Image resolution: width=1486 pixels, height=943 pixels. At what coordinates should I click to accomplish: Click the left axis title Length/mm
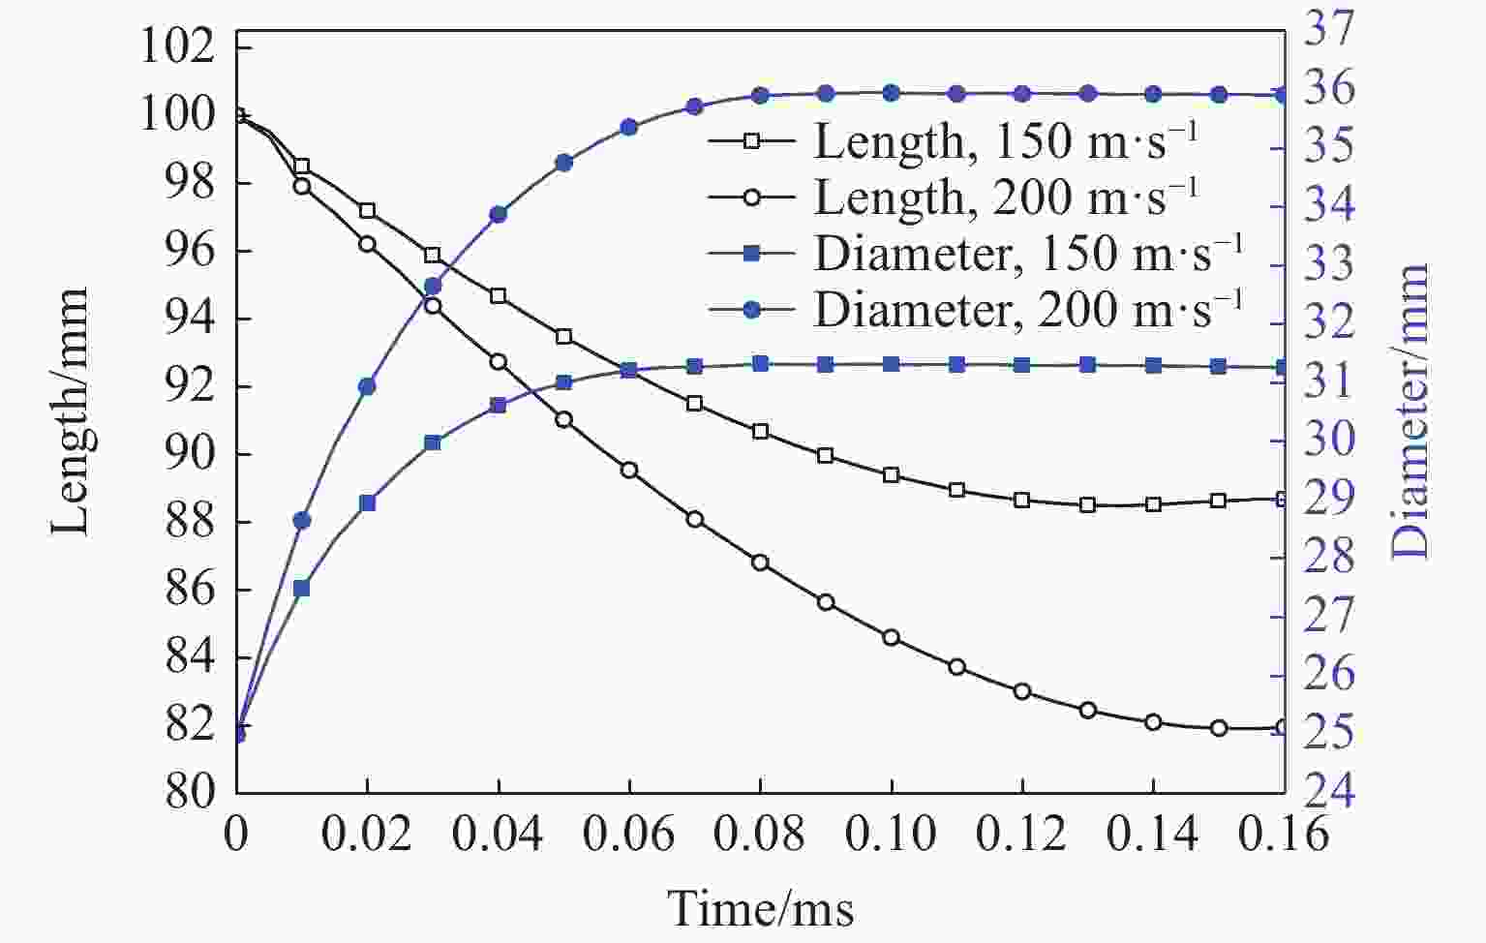(x=70, y=411)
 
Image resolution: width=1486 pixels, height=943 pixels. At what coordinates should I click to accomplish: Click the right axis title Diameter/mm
(x=1410, y=411)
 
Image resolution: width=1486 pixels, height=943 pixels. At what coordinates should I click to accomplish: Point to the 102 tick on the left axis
(x=177, y=46)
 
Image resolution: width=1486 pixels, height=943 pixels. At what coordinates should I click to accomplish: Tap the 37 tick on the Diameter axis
(x=1329, y=30)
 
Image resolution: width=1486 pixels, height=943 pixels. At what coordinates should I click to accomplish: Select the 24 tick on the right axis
(x=1329, y=791)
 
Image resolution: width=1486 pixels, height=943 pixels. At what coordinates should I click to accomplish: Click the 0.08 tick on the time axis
(x=761, y=834)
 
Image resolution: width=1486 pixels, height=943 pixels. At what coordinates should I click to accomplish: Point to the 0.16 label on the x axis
(x=1285, y=834)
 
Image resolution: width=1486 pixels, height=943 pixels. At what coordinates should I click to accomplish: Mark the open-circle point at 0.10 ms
(x=892, y=637)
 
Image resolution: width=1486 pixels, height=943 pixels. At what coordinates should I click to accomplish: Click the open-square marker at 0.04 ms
(x=499, y=295)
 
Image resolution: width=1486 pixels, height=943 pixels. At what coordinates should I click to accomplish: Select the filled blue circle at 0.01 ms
(x=302, y=521)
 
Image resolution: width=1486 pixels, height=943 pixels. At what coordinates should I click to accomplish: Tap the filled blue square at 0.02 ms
(x=367, y=502)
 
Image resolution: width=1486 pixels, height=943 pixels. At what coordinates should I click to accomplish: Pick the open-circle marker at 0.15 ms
(x=1219, y=728)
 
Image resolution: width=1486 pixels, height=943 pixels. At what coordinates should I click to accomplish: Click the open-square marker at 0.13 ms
(x=1088, y=504)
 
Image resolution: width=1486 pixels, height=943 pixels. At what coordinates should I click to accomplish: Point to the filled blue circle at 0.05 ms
(x=563, y=163)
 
